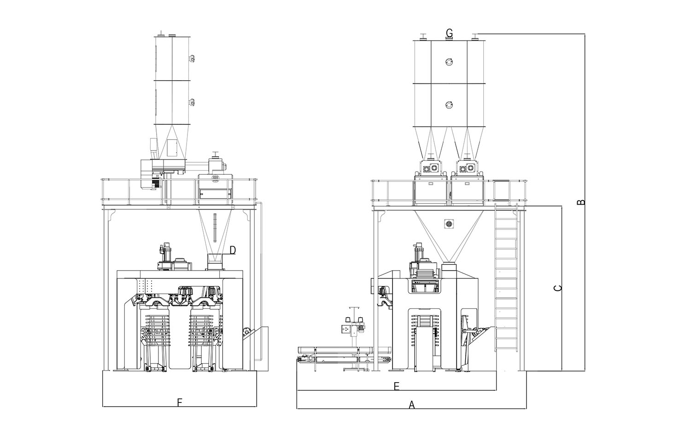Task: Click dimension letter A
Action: click(x=412, y=405)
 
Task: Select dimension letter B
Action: click(x=581, y=202)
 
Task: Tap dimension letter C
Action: click(x=557, y=288)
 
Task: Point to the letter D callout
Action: click(x=233, y=250)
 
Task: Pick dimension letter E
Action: click(x=396, y=386)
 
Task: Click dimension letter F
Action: click(x=180, y=403)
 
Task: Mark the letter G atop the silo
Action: click(x=449, y=33)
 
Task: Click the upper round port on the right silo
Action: click(x=450, y=62)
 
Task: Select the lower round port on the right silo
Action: click(x=450, y=105)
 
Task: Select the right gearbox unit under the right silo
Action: click(x=468, y=169)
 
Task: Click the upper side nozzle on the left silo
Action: click(x=191, y=58)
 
